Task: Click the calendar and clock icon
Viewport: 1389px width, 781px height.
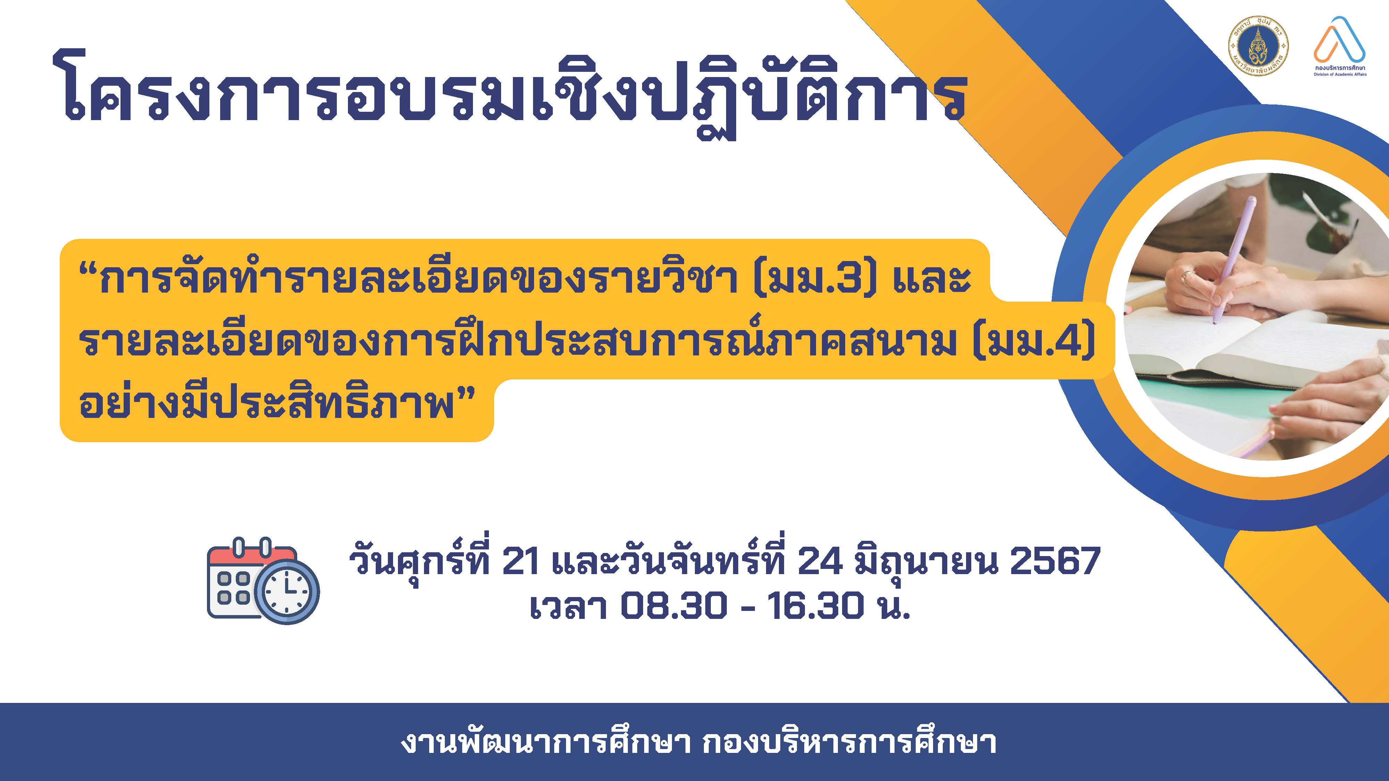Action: click(x=263, y=580)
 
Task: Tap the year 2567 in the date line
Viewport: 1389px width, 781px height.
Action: click(x=1054, y=561)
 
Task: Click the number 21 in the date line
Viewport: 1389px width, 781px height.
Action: click(x=520, y=561)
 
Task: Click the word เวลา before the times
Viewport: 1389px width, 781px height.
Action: click(x=568, y=606)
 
